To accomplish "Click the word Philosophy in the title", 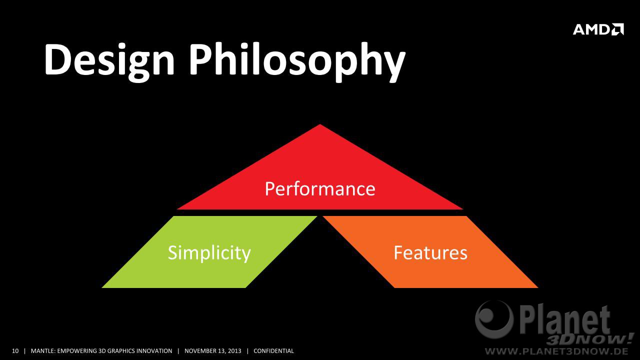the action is [297, 61].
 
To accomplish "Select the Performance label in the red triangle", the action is [320, 189].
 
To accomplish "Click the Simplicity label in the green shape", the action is [209, 253].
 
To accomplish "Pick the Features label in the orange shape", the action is [430, 253].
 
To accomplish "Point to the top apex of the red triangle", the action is [320, 124].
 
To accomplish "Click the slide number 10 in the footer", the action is [15, 351].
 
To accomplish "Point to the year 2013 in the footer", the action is [235, 351].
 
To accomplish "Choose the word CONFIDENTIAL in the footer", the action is [273, 351].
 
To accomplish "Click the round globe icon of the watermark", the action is [494, 319].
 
